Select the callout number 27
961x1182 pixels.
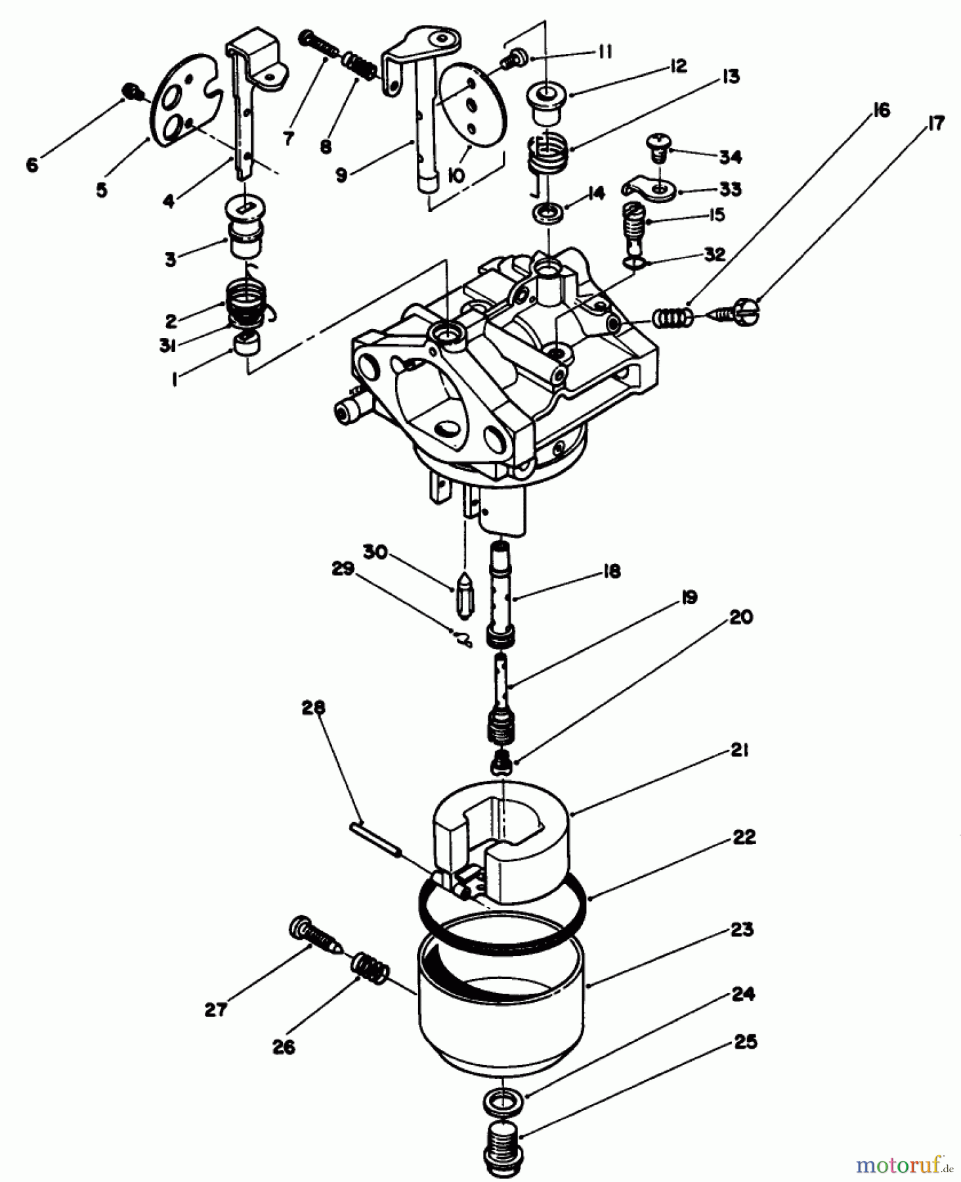tap(215, 1009)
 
